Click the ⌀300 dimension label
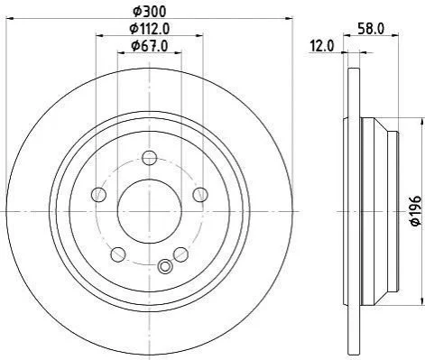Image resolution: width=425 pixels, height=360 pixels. [149, 12]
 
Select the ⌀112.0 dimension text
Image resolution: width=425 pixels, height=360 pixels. [150, 29]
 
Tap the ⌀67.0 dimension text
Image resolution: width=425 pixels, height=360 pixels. [150, 46]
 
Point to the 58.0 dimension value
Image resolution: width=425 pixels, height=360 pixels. [371, 29]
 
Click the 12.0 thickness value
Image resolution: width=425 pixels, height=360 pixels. [322, 47]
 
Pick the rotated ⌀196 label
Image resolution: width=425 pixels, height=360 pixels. [416, 210]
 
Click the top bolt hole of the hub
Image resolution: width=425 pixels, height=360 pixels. [150, 157]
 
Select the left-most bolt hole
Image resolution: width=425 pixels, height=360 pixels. [98, 194]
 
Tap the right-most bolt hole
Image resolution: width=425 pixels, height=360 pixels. [200, 194]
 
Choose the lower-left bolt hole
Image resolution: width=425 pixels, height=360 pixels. [118, 254]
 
